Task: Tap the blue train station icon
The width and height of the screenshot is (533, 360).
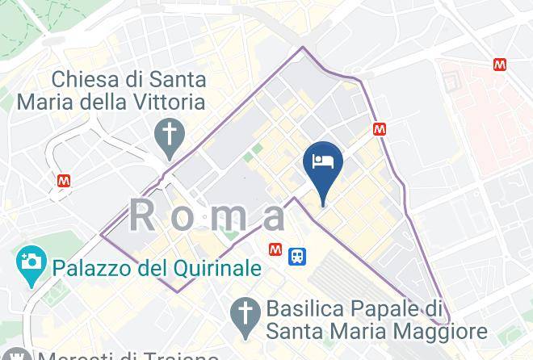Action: pos(297,256)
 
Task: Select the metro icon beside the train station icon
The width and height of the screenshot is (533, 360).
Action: pos(276,249)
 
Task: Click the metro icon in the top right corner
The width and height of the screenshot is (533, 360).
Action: pos(500,64)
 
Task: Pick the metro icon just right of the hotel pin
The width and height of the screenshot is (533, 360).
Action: pos(379,128)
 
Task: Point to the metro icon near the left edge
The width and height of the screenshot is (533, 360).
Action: pos(64,181)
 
